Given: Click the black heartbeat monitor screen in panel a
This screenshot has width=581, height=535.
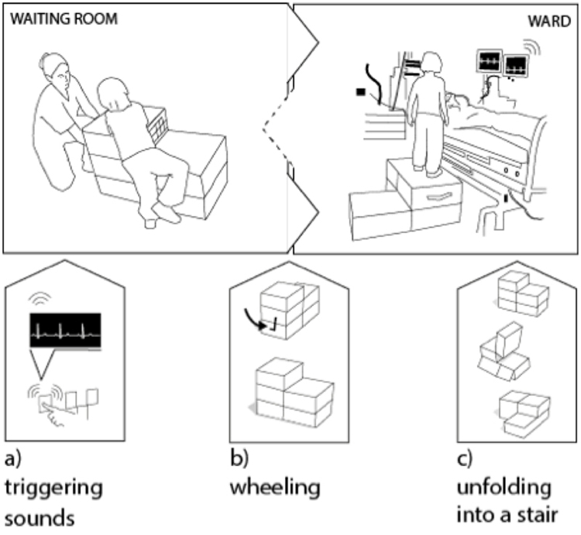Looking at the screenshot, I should click(65, 330).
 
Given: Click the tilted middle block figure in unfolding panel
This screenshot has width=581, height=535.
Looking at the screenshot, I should click(510, 353).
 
